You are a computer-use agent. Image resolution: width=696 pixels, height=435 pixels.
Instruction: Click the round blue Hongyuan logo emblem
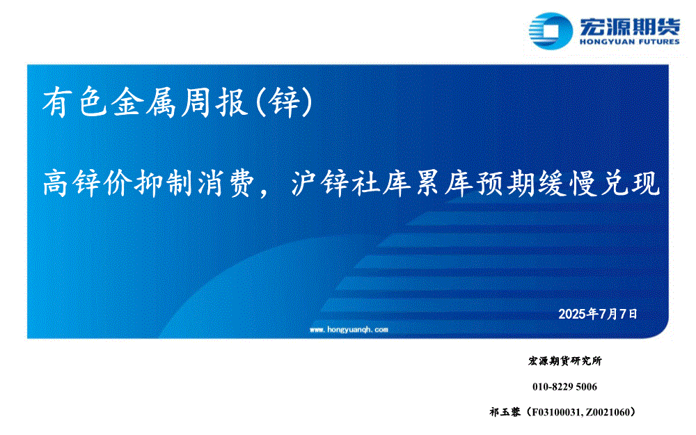[551, 31]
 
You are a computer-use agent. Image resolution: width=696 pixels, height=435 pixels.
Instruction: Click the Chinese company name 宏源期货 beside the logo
[629, 26]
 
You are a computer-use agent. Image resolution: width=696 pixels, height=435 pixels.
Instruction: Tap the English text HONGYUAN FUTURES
[629, 42]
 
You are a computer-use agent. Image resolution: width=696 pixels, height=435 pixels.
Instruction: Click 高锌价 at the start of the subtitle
[86, 183]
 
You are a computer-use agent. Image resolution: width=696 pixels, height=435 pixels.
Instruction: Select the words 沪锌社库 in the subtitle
[351, 183]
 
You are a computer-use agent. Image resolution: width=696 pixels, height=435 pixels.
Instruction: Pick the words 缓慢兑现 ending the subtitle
[599, 183]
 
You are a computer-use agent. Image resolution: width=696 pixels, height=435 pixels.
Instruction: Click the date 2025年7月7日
[597, 314]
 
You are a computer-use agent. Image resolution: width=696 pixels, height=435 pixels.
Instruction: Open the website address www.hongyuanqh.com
[349, 329]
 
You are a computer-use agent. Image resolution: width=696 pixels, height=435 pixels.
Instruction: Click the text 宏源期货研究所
[564, 361]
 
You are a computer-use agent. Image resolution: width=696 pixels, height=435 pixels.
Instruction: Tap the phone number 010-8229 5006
[564, 386]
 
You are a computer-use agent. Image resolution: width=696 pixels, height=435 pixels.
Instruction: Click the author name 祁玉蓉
[505, 412]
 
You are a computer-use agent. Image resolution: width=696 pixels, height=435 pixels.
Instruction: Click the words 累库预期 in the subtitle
[475, 183]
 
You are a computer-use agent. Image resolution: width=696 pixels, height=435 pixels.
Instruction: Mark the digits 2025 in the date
[572, 315]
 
